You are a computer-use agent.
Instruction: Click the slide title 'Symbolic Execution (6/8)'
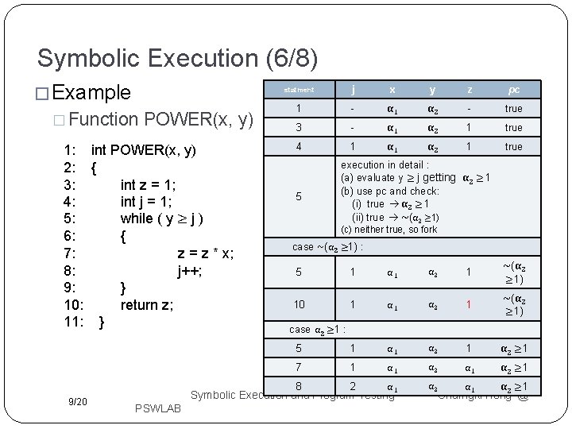(x=178, y=59)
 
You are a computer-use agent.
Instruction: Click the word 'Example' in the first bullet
(x=91, y=92)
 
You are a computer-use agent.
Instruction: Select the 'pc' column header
(x=513, y=89)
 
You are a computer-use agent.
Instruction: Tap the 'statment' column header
(x=299, y=90)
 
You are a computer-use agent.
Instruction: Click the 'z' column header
(x=470, y=89)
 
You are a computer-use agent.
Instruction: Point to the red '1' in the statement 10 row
(x=470, y=304)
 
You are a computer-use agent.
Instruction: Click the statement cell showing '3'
(x=299, y=127)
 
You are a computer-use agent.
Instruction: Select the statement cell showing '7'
(x=299, y=367)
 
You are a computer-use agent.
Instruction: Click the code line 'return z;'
(x=147, y=304)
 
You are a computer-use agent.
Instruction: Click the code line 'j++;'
(x=190, y=270)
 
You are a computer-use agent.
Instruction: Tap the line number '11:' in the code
(x=75, y=322)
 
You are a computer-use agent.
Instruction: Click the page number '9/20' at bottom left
(x=78, y=402)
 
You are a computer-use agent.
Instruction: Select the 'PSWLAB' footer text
(x=159, y=408)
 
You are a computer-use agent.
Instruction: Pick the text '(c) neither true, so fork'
(x=389, y=230)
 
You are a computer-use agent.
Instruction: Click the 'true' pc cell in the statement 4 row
(x=513, y=146)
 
